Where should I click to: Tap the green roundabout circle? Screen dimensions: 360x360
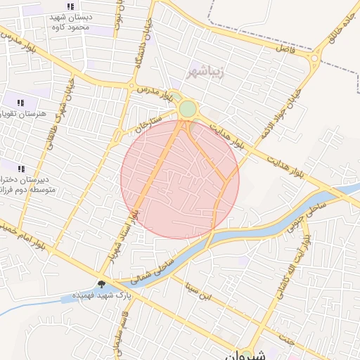pos(188,109)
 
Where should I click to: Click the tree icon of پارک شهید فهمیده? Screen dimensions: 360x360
pos(102,285)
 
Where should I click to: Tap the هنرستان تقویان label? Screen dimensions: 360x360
pos(21,113)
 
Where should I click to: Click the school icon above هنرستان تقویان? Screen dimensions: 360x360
pos(20,103)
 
